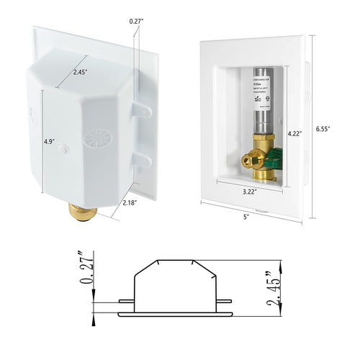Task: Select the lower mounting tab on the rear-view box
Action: [x=144, y=158]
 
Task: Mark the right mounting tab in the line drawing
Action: [x=225, y=302]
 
